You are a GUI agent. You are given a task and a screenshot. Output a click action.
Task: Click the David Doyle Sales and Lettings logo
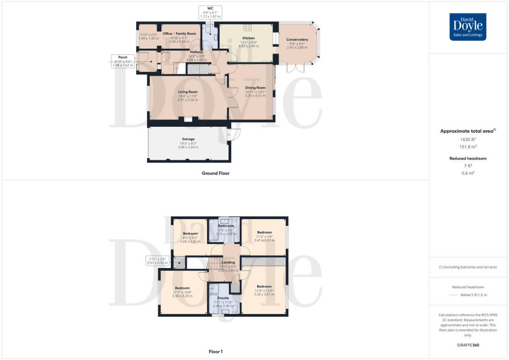[468, 27]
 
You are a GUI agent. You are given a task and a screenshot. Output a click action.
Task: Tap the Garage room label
[188, 139]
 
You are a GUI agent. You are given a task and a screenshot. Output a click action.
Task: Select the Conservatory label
[297, 40]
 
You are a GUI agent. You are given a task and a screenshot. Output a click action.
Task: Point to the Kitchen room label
[249, 38]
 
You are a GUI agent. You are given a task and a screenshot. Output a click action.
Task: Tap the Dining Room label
[255, 88]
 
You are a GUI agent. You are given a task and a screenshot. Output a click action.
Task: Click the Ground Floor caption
[215, 174]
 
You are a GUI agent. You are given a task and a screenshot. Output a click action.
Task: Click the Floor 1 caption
[215, 352]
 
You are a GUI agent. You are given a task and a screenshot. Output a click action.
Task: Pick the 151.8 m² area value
[468, 147]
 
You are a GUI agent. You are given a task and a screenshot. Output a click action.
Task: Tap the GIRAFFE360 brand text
[468, 345]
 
